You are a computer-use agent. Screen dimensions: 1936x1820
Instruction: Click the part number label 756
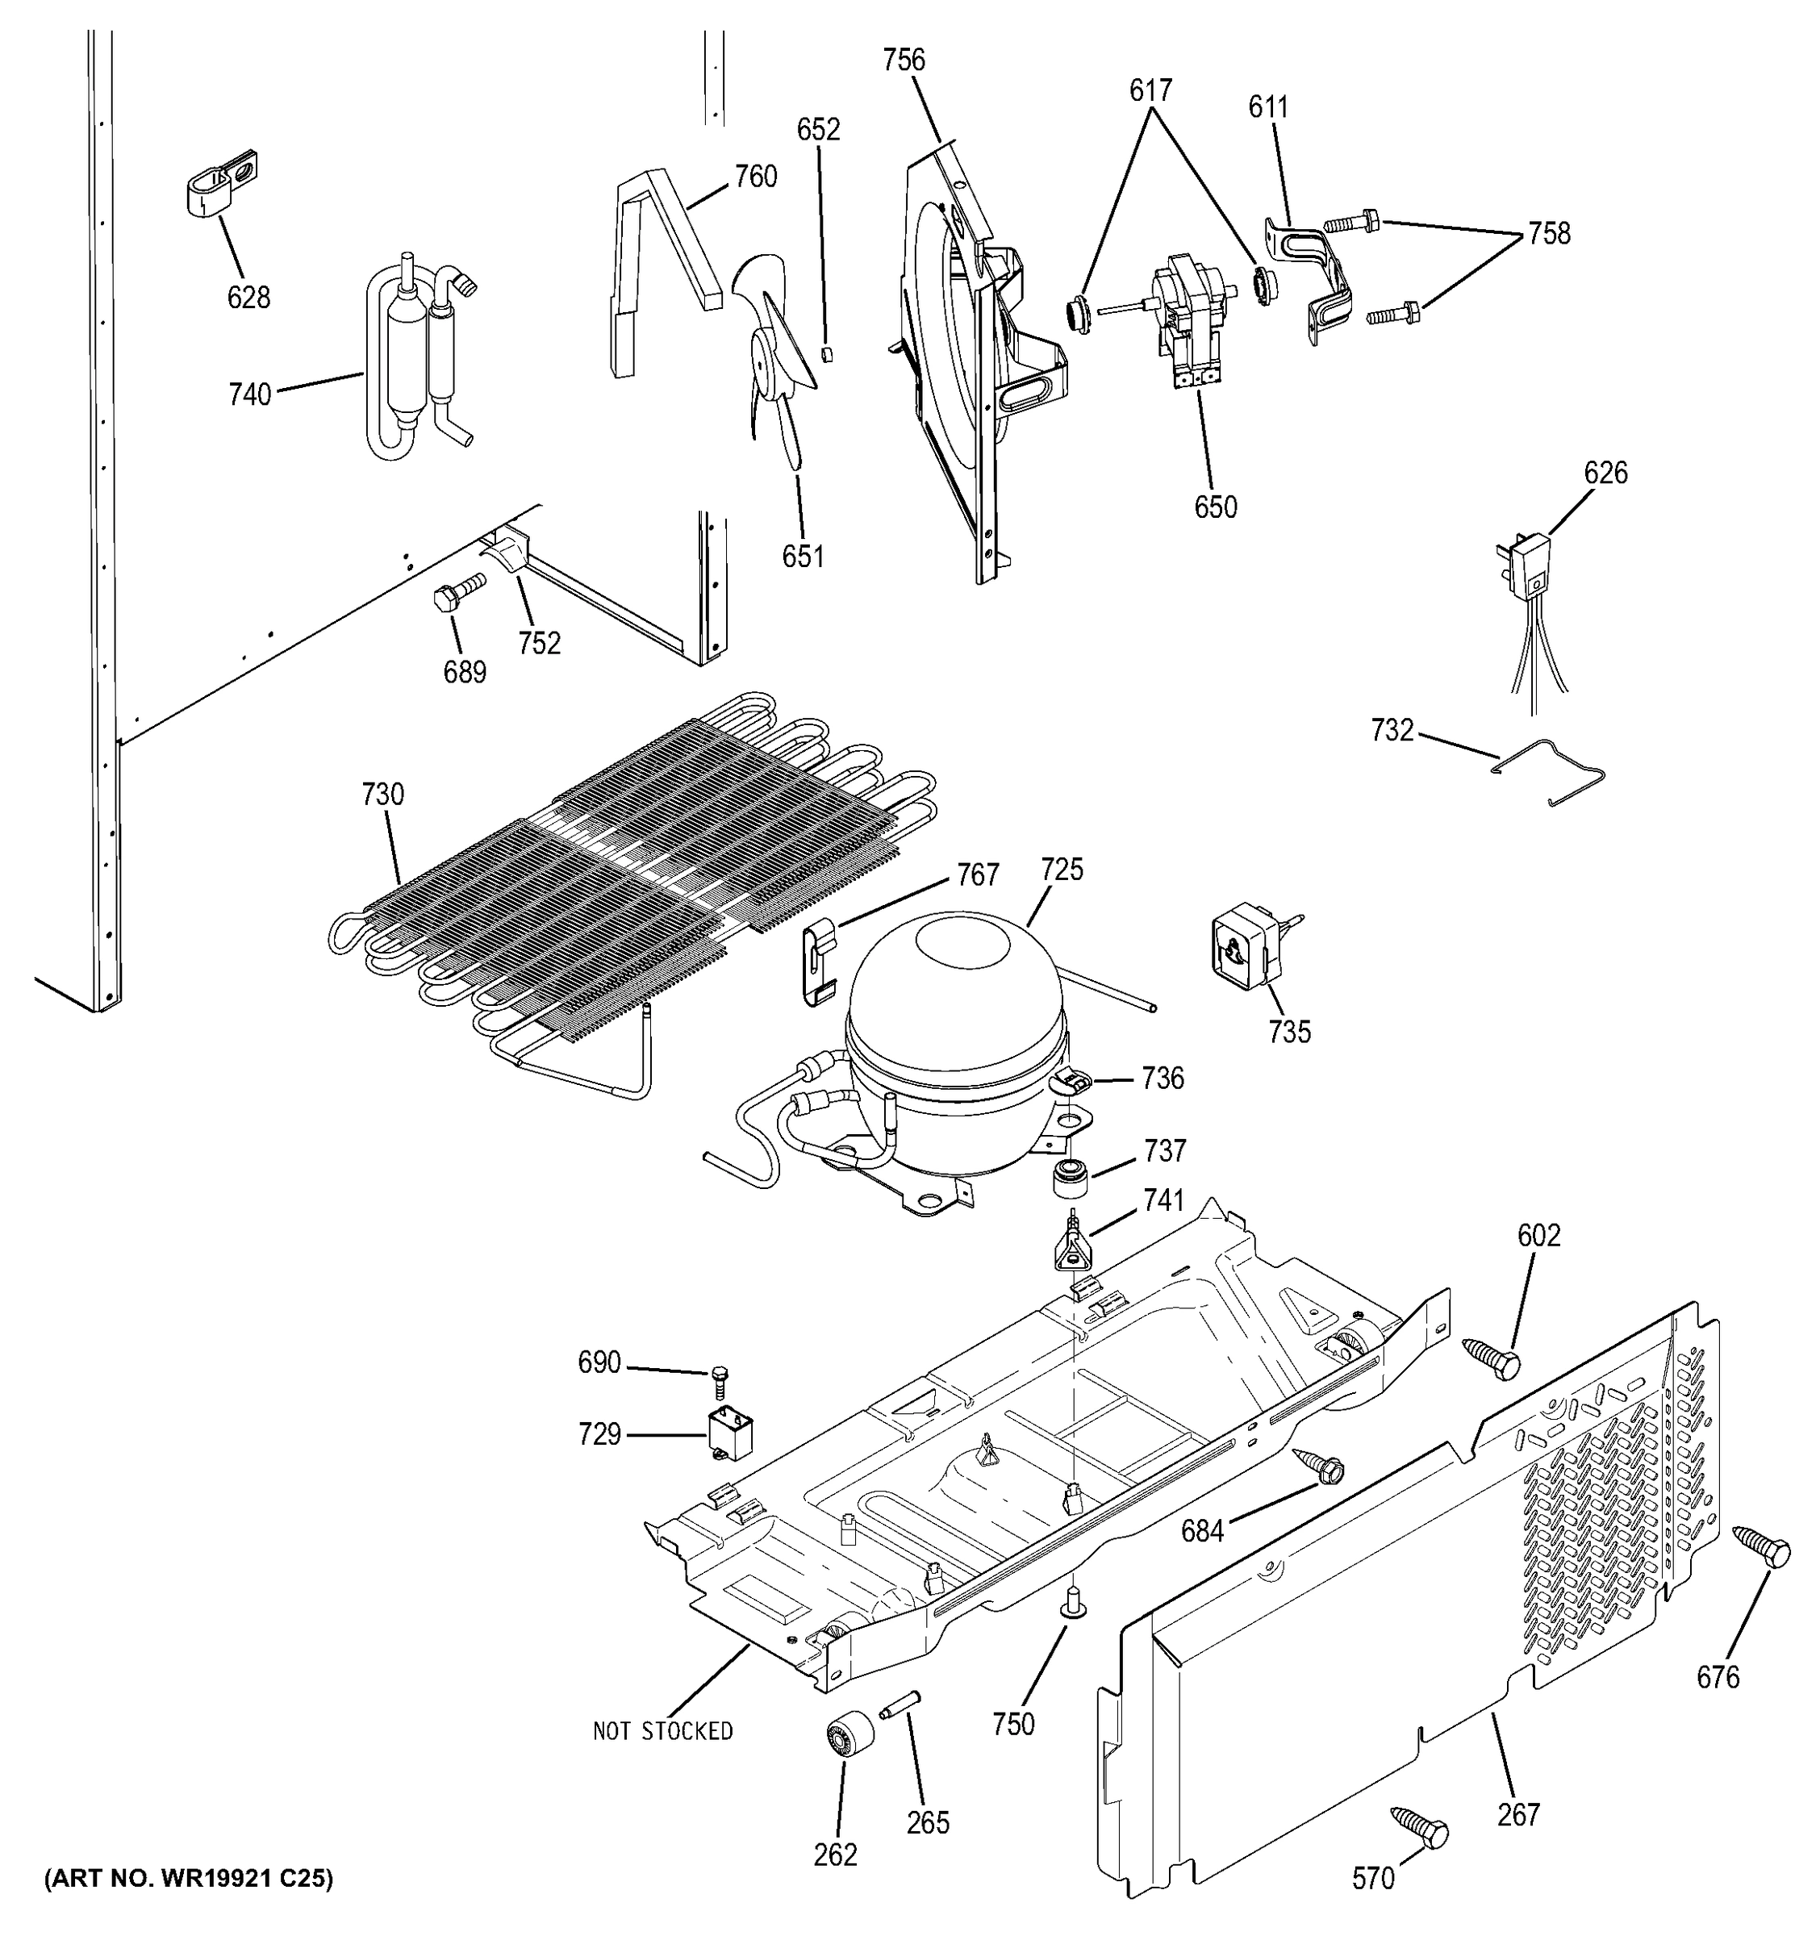903,60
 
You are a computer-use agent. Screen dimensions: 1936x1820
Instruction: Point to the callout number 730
382,795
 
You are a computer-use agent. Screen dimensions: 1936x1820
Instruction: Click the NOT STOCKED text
662,1730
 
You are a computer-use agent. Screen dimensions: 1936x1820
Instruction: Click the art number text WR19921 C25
189,1879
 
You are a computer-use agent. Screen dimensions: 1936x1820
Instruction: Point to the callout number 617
1150,90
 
